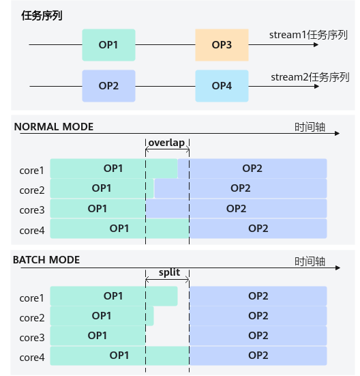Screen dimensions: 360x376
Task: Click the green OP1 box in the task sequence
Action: point(108,45)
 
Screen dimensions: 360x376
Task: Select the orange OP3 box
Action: point(222,45)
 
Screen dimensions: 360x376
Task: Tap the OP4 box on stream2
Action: point(222,86)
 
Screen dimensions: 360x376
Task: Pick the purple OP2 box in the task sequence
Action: point(108,86)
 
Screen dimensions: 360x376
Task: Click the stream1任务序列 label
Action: point(308,35)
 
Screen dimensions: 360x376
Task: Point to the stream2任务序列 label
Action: point(310,77)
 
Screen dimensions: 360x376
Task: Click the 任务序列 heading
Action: point(42,16)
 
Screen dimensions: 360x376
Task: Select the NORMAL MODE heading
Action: point(54,127)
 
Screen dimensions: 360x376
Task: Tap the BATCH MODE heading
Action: point(46,260)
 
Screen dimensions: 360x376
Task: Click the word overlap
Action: point(167,143)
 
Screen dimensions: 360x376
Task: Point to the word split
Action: point(169,273)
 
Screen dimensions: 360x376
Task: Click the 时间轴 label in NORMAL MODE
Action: point(310,127)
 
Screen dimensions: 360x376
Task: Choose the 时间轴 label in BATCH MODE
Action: point(310,261)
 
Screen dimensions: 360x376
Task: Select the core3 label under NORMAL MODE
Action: point(32,210)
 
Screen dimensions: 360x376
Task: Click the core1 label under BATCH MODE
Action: point(31,298)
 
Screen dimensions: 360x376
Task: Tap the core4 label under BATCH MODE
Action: point(32,358)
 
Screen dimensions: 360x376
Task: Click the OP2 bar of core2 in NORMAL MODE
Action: point(241,188)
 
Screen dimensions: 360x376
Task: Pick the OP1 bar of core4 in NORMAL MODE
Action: point(119,229)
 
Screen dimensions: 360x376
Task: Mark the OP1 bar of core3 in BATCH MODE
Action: point(97,336)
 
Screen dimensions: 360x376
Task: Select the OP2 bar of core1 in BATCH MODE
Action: point(258,296)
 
